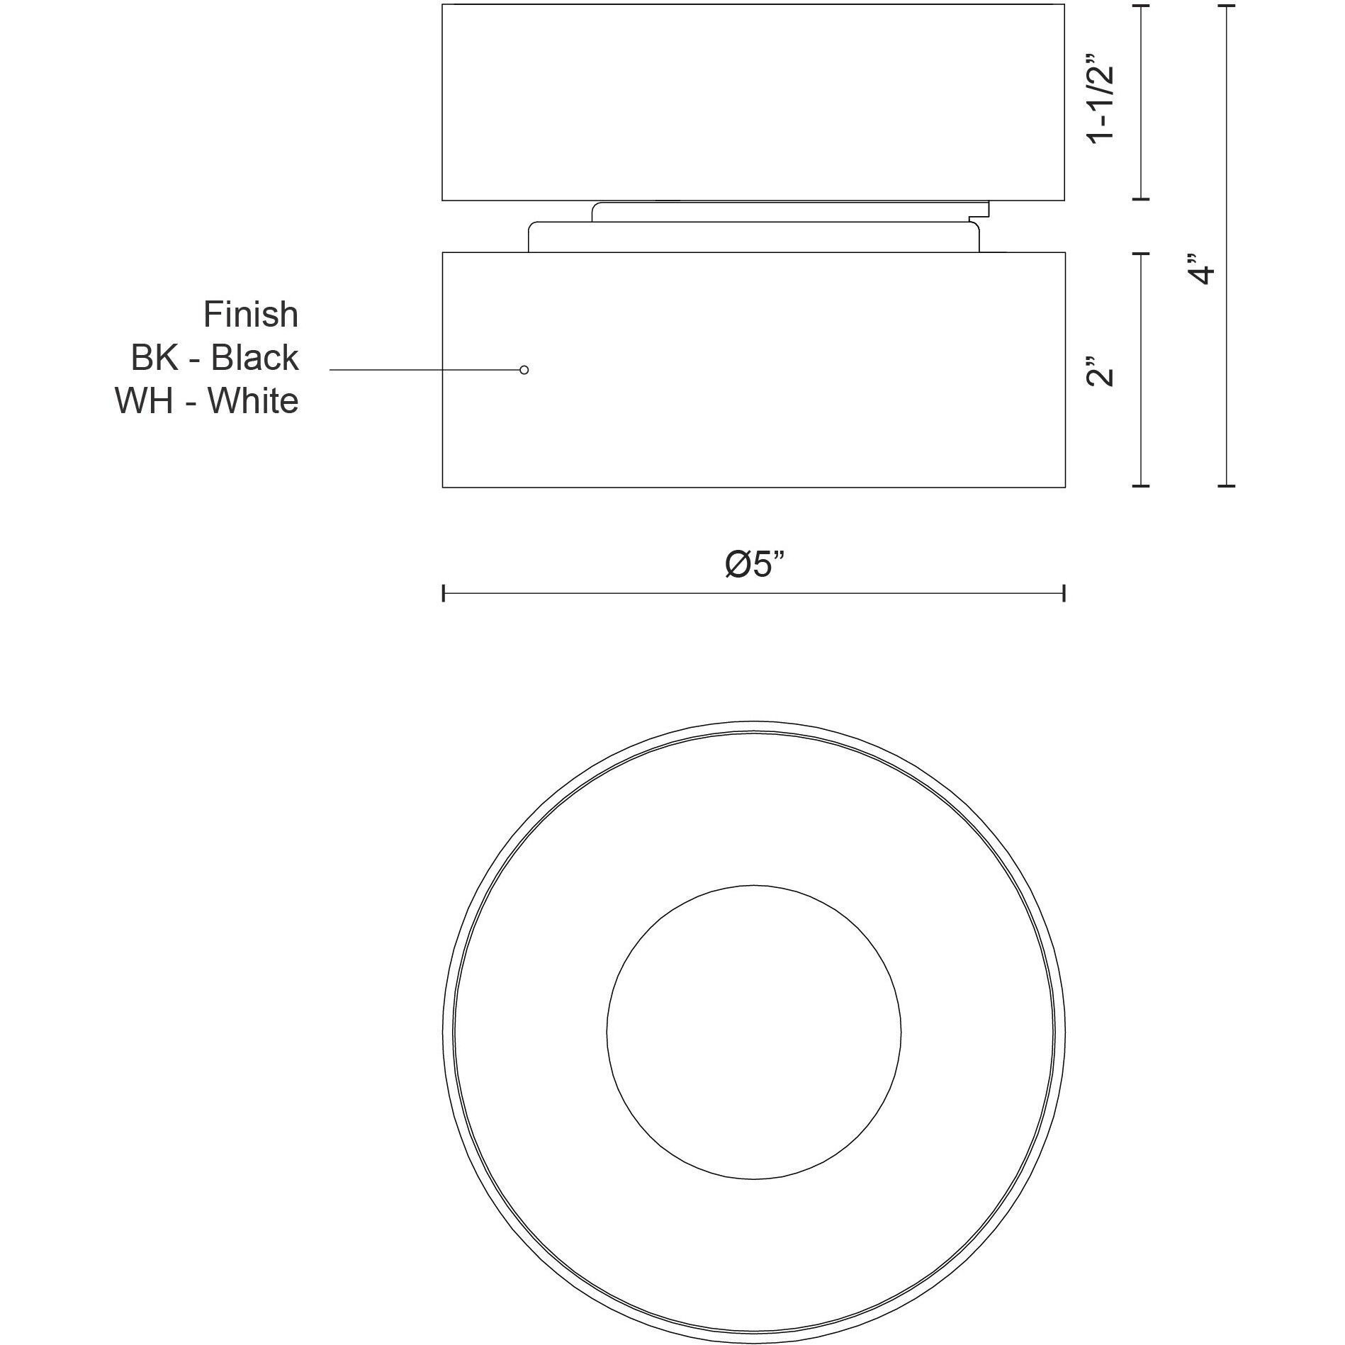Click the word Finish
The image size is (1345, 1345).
pos(251,315)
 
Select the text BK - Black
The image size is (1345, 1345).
pos(214,358)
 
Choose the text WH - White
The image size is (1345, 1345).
pos(206,401)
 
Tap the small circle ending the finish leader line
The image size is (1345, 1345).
pos(524,370)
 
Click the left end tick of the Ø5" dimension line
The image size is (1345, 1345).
pos(444,594)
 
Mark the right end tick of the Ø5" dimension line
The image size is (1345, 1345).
pos(1064,594)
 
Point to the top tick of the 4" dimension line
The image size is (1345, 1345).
pos(1226,6)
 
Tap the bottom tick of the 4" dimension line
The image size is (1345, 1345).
pos(1226,486)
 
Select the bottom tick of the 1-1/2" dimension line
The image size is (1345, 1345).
pos(1140,200)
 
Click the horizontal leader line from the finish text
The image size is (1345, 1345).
pos(425,370)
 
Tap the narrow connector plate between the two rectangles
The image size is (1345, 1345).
pos(753,237)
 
